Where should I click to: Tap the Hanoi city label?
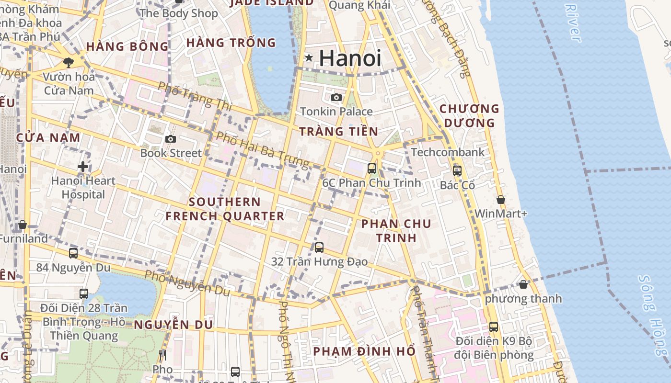click(350, 58)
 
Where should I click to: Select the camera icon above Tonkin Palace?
click(336, 98)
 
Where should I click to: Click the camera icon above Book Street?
click(170, 139)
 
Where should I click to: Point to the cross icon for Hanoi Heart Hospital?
click(83, 167)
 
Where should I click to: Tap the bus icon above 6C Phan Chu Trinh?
click(372, 168)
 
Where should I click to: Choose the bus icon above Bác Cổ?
click(457, 170)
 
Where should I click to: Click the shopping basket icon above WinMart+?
click(501, 200)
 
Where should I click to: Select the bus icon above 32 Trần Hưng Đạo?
click(319, 248)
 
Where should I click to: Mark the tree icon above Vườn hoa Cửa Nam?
click(69, 62)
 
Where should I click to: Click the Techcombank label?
click(448, 152)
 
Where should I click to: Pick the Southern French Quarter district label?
click(225, 209)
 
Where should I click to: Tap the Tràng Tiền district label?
click(338, 131)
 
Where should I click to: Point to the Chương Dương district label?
click(469, 115)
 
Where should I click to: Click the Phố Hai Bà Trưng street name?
click(262, 149)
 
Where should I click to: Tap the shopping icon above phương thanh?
click(523, 284)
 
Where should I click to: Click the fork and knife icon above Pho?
click(162, 355)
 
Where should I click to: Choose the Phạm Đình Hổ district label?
click(364, 351)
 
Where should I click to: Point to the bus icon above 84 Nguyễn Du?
click(73, 253)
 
